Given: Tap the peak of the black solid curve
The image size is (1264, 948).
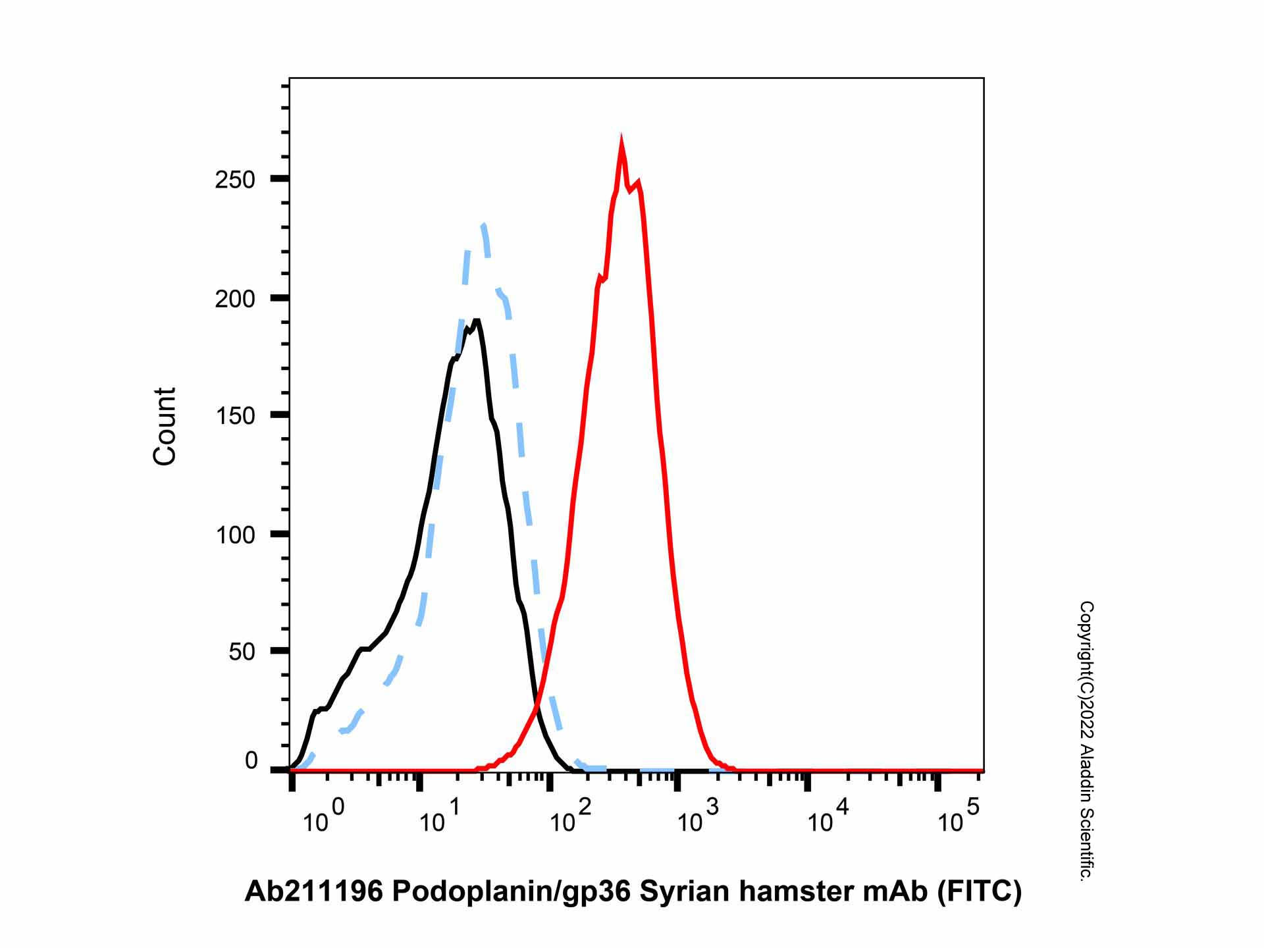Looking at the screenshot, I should [477, 321].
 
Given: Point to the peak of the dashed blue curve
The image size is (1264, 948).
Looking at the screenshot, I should [483, 225].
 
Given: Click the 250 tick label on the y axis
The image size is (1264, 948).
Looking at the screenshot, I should [235, 180].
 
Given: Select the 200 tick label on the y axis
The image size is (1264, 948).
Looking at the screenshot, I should [235, 299].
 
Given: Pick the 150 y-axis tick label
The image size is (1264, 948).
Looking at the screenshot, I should [235, 416].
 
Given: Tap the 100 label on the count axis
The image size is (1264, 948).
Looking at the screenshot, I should [235, 535].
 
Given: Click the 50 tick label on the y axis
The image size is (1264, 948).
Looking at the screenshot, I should [242, 652].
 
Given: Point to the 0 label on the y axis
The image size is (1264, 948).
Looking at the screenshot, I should [251, 761].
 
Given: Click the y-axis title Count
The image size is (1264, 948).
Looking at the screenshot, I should [165, 427].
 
